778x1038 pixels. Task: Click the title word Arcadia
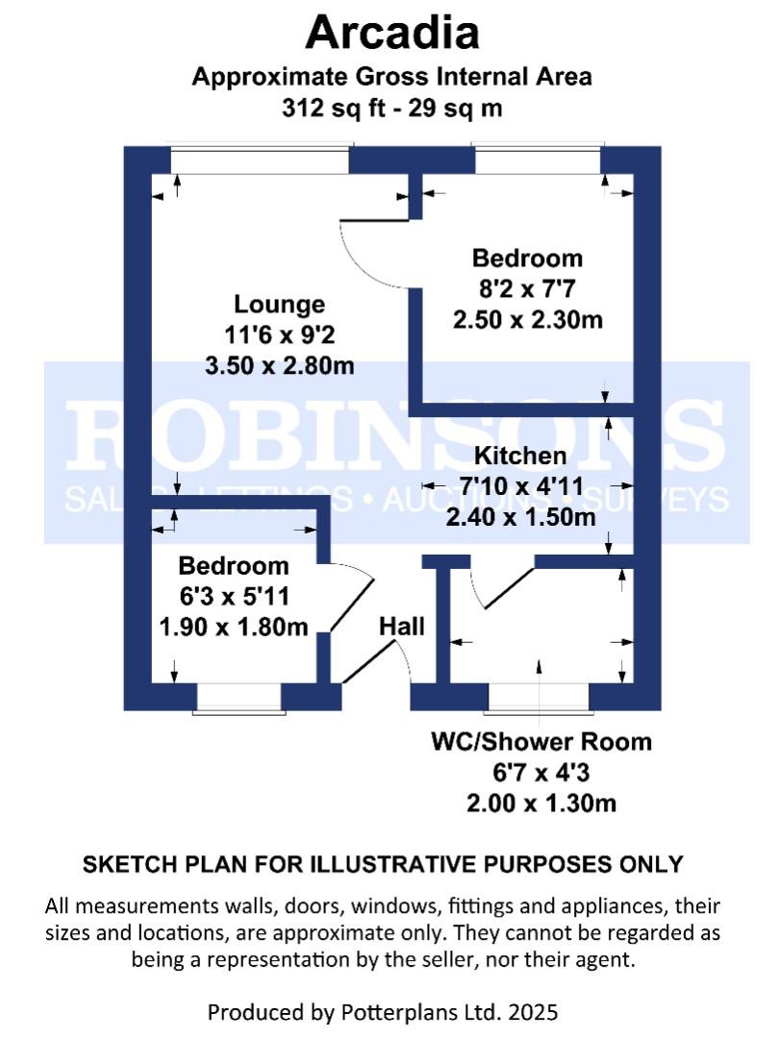pyautogui.click(x=391, y=34)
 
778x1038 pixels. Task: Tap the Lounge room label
pyautogui.click(x=279, y=305)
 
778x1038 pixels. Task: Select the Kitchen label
pyautogui.click(x=519, y=456)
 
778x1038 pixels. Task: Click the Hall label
pyautogui.click(x=401, y=627)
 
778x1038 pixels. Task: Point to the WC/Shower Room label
pyautogui.click(x=540, y=742)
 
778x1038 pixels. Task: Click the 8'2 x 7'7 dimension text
pyautogui.click(x=527, y=289)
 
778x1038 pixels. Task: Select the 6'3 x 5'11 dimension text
pyautogui.click(x=234, y=597)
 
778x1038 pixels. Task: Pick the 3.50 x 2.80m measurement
pyautogui.click(x=279, y=366)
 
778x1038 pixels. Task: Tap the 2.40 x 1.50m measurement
pyautogui.click(x=519, y=517)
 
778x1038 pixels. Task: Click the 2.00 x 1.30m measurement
pyautogui.click(x=540, y=803)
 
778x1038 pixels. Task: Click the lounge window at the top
pyautogui.click(x=260, y=160)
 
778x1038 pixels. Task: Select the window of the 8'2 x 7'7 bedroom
pyautogui.click(x=537, y=160)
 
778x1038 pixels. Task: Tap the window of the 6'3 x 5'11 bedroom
pyautogui.click(x=239, y=698)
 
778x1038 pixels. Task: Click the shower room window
pyautogui.click(x=538, y=698)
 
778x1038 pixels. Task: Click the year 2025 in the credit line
pyautogui.click(x=532, y=1011)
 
